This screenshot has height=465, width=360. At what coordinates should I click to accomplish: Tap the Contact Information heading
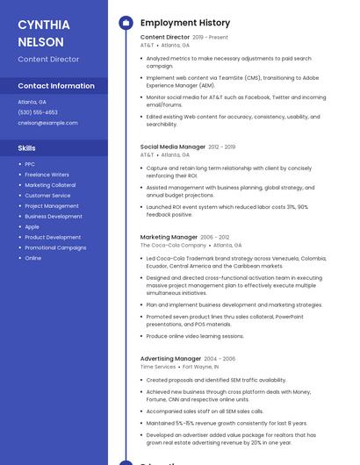point(56,86)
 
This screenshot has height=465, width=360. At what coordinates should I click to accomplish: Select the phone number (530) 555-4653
point(38,112)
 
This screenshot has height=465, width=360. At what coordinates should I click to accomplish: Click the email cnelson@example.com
point(47,123)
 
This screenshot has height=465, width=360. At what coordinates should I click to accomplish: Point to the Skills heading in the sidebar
point(27,148)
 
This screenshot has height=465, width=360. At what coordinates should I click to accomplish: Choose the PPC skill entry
point(30,164)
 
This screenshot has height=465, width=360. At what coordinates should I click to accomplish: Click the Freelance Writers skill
point(47,175)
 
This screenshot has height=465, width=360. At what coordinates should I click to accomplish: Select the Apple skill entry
point(32,226)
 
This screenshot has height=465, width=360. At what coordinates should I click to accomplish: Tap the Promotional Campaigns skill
point(55,247)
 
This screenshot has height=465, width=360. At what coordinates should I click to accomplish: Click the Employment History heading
point(185,23)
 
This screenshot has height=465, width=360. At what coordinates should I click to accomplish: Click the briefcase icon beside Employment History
point(126,23)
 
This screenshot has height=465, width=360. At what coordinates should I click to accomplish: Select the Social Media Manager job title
point(173,147)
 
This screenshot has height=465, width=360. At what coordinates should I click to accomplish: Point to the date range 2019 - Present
point(210,38)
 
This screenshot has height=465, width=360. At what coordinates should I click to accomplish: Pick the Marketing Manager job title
point(169,237)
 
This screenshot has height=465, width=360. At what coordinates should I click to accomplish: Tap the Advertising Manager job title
point(170,358)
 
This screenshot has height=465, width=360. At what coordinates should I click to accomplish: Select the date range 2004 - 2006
point(220,359)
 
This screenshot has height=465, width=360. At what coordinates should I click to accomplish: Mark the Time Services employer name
point(158,367)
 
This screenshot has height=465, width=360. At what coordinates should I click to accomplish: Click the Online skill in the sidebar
point(32,258)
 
